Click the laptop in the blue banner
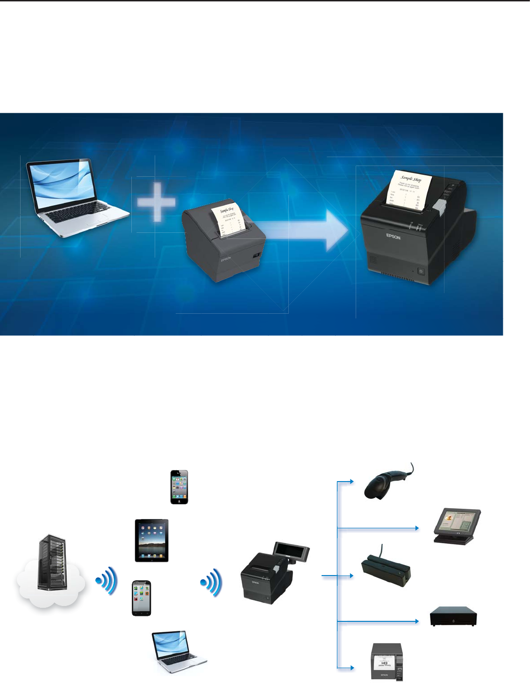[x=75, y=196]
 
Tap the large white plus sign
[x=157, y=202]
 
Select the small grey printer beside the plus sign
[x=224, y=245]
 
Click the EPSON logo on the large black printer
[x=393, y=237]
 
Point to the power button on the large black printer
[x=421, y=271]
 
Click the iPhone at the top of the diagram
[x=179, y=487]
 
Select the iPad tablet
[x=151, y=540]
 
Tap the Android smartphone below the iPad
[x=141, y=598]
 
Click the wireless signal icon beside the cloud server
[x=106, y=581]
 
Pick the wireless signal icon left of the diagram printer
[x=211, y=582]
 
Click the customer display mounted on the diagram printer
[x=291, y=553]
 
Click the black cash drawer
[x=453, y=616]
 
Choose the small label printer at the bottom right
[x=387, y=661]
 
